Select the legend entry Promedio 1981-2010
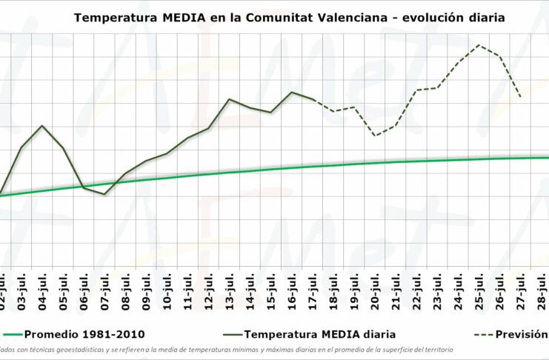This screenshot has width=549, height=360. [x=84, y=334]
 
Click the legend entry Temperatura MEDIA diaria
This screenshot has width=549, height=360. [x=321, y=334]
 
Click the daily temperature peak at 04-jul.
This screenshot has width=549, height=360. [x=42, y=126]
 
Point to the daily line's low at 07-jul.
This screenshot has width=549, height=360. [x=104, y=194]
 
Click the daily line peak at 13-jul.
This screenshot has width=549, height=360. [x=230, y=99]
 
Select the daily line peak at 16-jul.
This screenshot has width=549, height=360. [x=292, y=92]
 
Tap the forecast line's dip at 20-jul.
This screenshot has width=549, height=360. [x=376, y=136]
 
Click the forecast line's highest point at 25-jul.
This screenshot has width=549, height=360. [x=479, y=44]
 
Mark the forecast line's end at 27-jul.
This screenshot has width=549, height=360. [x=521, y=97]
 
